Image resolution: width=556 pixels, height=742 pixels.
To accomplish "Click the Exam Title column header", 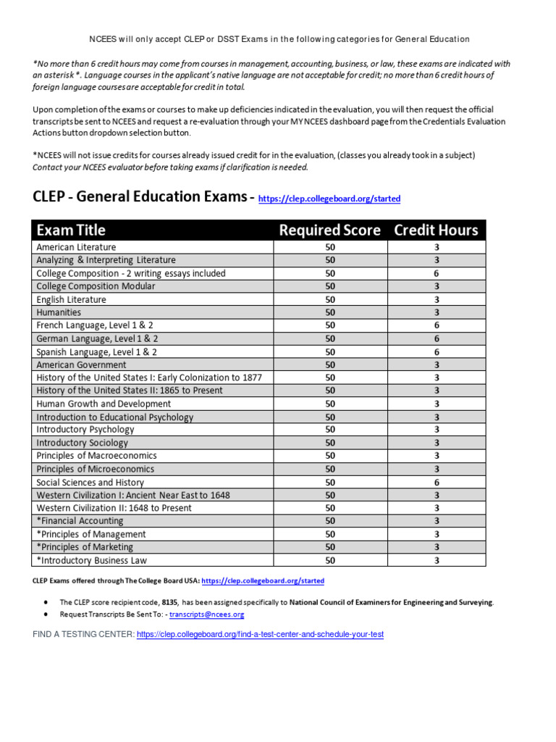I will point(71,230).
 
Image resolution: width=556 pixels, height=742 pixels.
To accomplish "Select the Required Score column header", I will point(329,230).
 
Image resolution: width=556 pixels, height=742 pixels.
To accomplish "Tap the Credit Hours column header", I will point(436,230).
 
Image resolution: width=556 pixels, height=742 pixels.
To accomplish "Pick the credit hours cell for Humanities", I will point(437,312).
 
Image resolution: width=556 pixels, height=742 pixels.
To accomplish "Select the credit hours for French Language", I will point(437,325).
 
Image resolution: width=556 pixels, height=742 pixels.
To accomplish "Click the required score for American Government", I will point(330,364).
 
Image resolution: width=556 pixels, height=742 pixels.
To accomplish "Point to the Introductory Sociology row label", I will point(82,443).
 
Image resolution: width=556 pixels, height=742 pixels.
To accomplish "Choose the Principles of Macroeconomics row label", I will point(96,456).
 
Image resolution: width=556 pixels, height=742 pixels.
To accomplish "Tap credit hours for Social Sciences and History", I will point(437,482).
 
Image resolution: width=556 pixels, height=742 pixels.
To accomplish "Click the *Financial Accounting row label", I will point(80,521).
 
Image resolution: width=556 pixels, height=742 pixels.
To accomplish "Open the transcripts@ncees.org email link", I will point(207,614).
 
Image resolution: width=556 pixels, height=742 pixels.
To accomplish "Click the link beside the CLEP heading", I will point(329,199).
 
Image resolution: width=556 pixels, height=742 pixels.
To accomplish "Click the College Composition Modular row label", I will point(96,286).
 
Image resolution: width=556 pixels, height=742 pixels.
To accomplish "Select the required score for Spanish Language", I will point(330,351).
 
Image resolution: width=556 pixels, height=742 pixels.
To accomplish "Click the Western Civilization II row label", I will point(114,508).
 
